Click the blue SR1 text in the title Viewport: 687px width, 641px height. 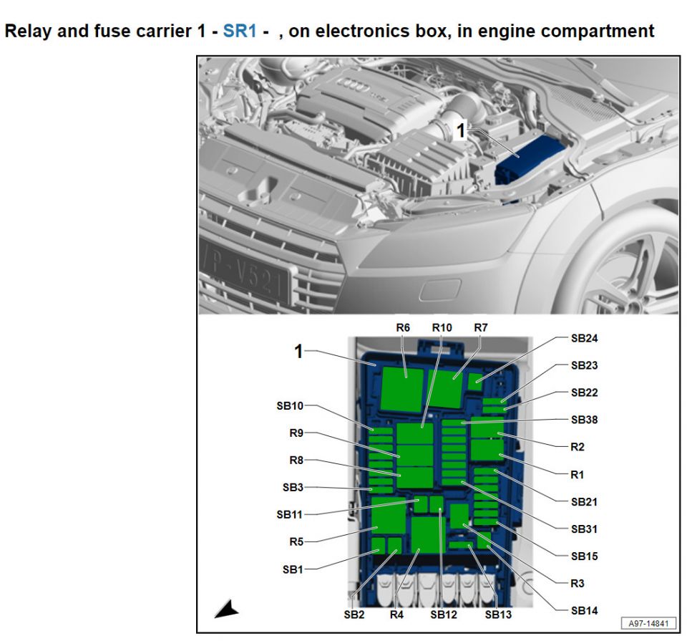[x=240, y=32]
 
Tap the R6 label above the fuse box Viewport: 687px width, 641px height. [x=403, y=327]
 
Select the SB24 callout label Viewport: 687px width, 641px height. [x=584, y=338]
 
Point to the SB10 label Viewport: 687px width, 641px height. [x=290, y=405]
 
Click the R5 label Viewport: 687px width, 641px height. [x=296, y=541]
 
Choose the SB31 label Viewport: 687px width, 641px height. [x=584, y=529]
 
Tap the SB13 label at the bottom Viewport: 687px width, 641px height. [x=498, y=614]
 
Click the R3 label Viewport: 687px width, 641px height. [x=578, y=583]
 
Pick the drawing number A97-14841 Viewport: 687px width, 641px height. [x=648, y=623]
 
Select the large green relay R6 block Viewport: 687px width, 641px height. [x=404, y=387]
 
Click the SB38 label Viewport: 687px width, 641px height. [x=584, y=420]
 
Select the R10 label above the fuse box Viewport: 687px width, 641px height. [x=442, y=327]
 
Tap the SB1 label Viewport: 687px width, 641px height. [x=293, y=569]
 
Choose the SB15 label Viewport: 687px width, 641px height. [x=584, y=556]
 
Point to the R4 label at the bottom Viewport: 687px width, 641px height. [x=396, y=614]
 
